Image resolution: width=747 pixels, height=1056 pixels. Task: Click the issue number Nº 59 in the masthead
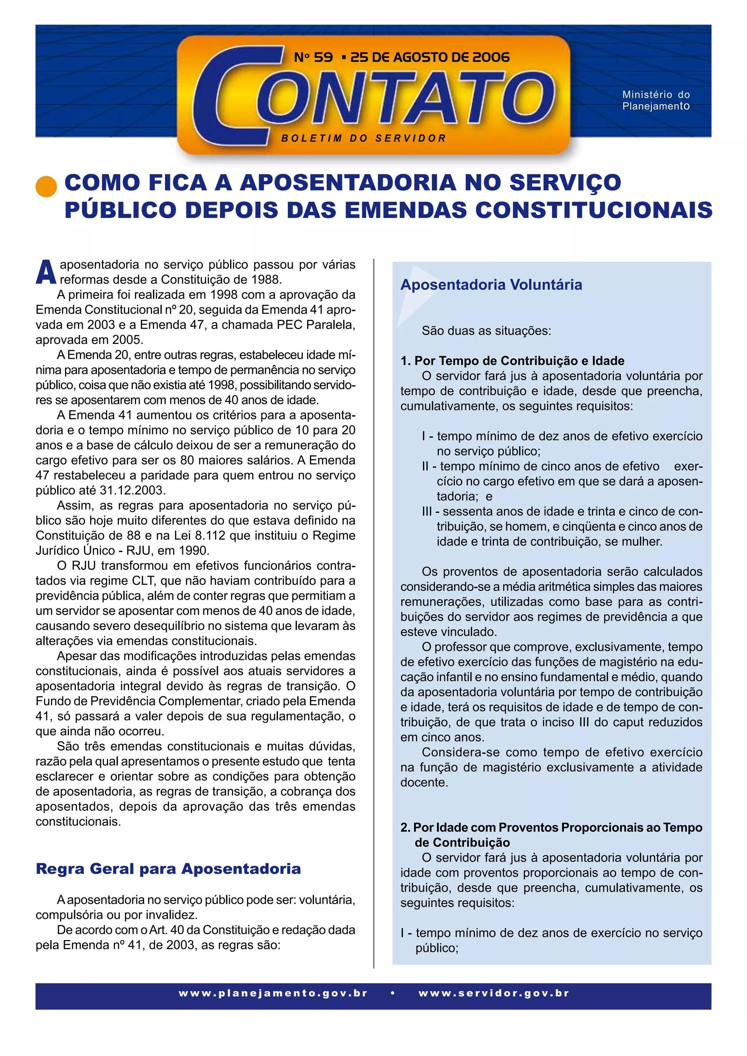coord(313,57)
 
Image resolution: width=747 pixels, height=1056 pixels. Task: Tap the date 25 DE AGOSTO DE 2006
coord(430,57)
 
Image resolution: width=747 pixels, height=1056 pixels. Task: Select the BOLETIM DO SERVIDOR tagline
coord(363,138)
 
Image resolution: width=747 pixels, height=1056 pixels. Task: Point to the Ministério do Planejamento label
coord(656,100)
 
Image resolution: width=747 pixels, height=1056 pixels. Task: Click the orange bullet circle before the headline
coord(46,187)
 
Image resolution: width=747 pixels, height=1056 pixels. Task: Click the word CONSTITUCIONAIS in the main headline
coord(593,210)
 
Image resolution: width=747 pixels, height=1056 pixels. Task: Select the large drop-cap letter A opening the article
coord(46,272)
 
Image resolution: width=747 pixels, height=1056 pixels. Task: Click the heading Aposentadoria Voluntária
coord(491,285)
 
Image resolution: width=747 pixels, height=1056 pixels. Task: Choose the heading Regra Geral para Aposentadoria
coord(169,869)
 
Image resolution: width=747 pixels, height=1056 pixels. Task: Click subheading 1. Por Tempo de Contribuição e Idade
coord(512,361)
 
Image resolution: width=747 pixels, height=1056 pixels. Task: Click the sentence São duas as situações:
coord(486,331)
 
